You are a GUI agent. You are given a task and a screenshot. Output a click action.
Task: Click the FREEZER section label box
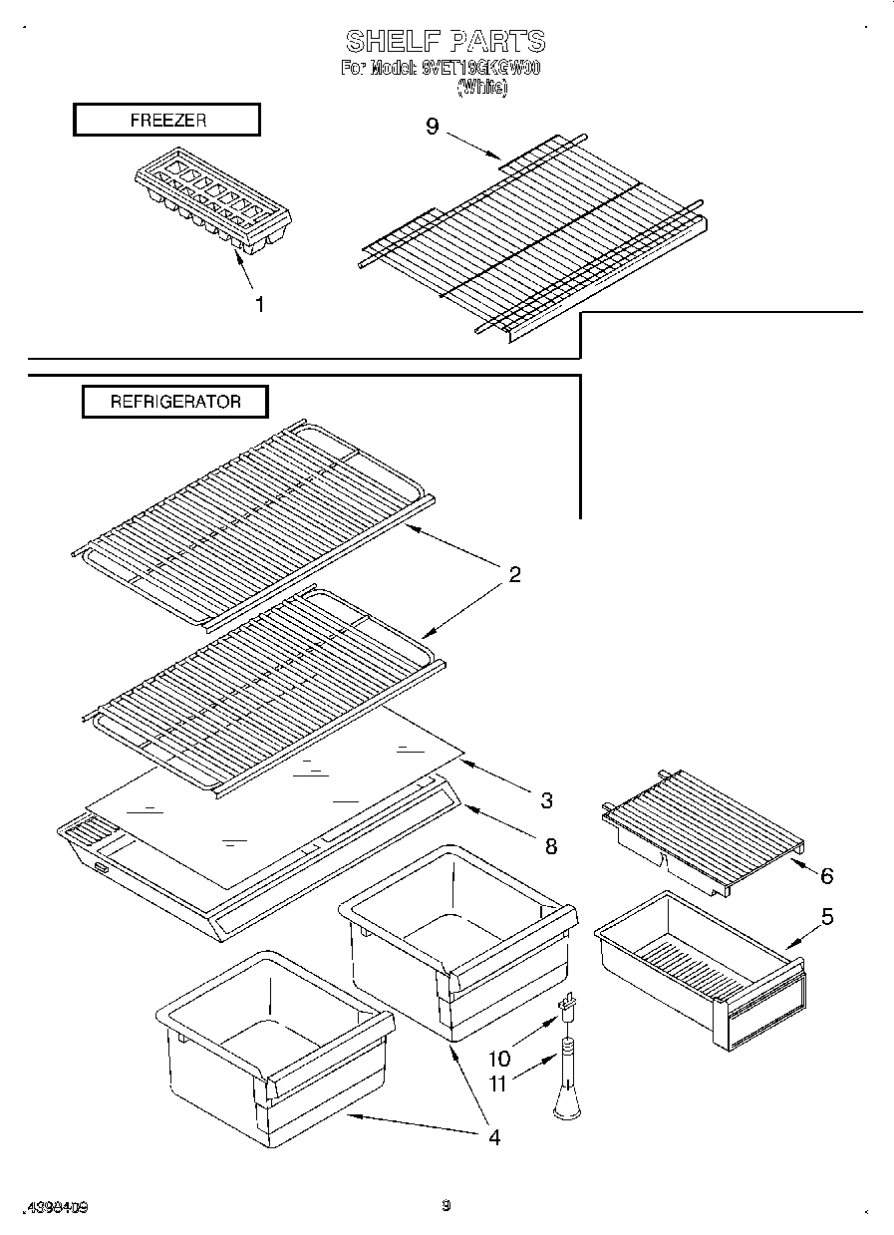click(166, 120)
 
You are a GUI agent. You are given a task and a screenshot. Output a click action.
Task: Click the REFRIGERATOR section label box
click(174, 402)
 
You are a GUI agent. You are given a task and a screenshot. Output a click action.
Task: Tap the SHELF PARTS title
click(446, 41)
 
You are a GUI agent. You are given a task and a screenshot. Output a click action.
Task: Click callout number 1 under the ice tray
click(259, 305)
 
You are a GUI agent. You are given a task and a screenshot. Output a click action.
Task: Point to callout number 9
click(432, 128)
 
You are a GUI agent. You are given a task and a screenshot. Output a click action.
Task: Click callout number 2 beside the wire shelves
click(514, 574)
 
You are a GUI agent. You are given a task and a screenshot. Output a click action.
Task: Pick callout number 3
click(546, 799)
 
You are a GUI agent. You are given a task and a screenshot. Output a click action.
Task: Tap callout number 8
click(550, 846)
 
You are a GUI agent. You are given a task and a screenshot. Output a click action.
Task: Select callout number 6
click(826, 876)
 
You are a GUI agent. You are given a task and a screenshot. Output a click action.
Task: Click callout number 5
click(827, 916)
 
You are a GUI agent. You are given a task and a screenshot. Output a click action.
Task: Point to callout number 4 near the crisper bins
click(494, 1137)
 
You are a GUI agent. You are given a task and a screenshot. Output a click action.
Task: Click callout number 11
click(497, 1082)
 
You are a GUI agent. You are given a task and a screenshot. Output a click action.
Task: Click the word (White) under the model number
click(482, 88)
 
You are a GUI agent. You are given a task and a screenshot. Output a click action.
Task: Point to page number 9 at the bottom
click(447, 1205)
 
